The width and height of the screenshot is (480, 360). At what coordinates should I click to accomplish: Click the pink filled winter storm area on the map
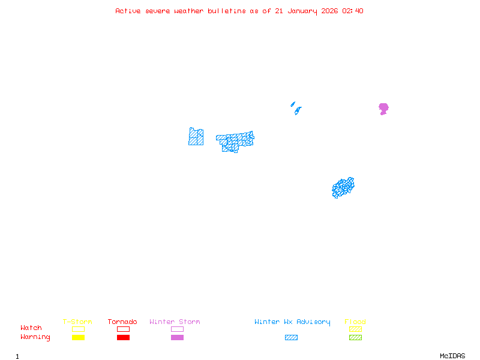pos(383,108)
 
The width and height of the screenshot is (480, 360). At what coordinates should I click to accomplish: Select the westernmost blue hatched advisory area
pos(196,137)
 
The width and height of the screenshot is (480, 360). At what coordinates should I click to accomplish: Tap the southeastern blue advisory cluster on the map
pos(343,187)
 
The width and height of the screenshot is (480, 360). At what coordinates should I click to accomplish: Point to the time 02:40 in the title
pos(352,11)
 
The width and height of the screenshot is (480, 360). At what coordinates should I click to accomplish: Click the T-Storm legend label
pos(77,322)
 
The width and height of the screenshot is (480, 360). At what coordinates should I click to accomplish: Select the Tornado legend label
pos(122,322)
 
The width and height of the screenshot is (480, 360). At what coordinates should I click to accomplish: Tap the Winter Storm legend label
pos(175,322)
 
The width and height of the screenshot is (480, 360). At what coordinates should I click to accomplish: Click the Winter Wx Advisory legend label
pos(292,322)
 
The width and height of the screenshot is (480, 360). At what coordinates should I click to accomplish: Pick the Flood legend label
pos(355,322)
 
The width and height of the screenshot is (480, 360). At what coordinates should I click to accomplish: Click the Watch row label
pos(31,328)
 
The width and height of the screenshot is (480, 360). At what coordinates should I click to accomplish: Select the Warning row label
pos(35,337)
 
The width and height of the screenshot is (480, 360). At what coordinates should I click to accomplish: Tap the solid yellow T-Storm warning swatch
pos(78,337)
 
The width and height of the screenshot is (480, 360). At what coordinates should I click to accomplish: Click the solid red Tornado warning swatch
pos(123,337)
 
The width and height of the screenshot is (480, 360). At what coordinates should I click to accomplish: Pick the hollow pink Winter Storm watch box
pos(177,329)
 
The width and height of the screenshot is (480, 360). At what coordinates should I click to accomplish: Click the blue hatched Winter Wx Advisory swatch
pos(291,337)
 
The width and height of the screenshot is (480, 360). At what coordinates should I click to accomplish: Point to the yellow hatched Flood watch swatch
pos(355,329)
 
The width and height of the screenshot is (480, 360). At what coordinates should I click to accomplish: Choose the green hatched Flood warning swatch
pos(355,337)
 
